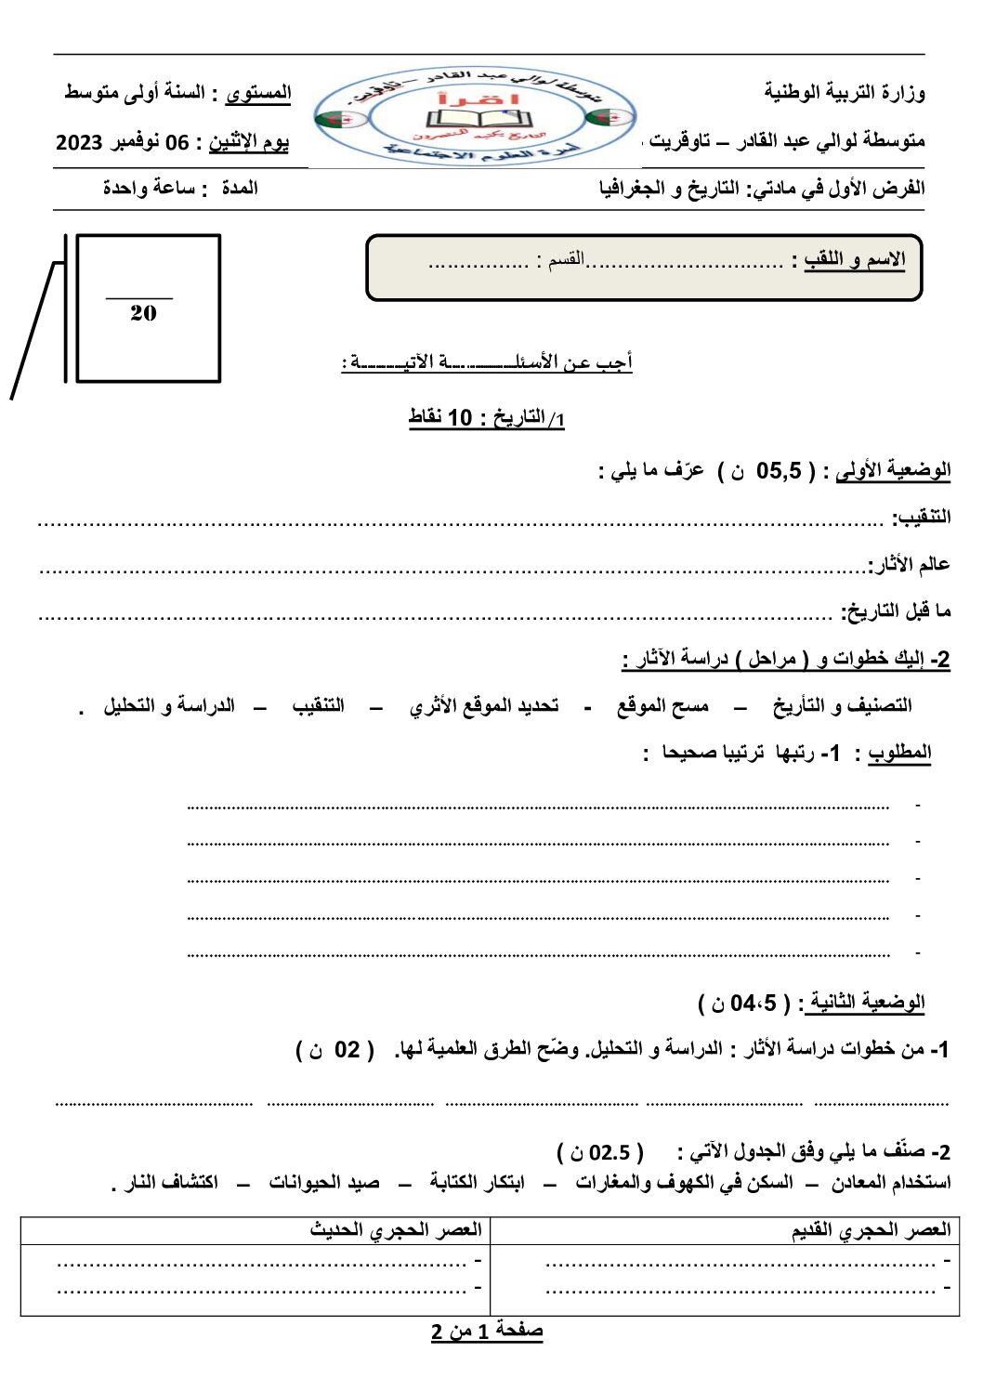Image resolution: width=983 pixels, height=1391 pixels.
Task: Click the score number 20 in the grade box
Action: tap(143, 313)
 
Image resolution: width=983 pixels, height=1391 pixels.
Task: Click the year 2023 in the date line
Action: tap(79, 142)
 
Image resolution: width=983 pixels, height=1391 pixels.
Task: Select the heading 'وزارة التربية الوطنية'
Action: tap(845, 92)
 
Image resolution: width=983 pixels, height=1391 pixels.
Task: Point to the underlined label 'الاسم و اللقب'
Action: tap(855, 259)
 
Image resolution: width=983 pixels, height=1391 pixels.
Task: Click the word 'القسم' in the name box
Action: tap(565, 258)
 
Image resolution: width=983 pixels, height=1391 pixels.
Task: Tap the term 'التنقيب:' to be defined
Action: tap(921, 517)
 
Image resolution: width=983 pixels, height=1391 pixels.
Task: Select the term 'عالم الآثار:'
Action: tap(909, 564)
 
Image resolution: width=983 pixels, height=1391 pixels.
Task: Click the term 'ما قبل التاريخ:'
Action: tap(896, 611)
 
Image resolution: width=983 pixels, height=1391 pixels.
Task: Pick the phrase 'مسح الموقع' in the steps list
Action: tap(662, 706)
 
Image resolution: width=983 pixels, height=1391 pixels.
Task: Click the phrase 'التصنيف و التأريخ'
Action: tap(842, 706)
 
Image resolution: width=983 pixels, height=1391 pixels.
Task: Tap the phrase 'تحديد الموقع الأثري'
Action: tap(484, 706)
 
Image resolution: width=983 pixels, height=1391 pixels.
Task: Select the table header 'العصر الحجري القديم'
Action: tap(871, 1230)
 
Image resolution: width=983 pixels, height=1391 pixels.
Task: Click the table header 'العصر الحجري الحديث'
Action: tap(396, 1230)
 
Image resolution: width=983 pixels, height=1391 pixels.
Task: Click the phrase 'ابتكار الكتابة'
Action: tap(477, 1182)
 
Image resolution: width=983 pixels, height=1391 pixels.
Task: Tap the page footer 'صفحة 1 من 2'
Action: tap(487, 1331)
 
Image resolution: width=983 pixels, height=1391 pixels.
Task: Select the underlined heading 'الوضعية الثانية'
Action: tap(866, 1003)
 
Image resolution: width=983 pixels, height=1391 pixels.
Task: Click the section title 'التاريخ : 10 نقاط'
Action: tap(487, 418)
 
